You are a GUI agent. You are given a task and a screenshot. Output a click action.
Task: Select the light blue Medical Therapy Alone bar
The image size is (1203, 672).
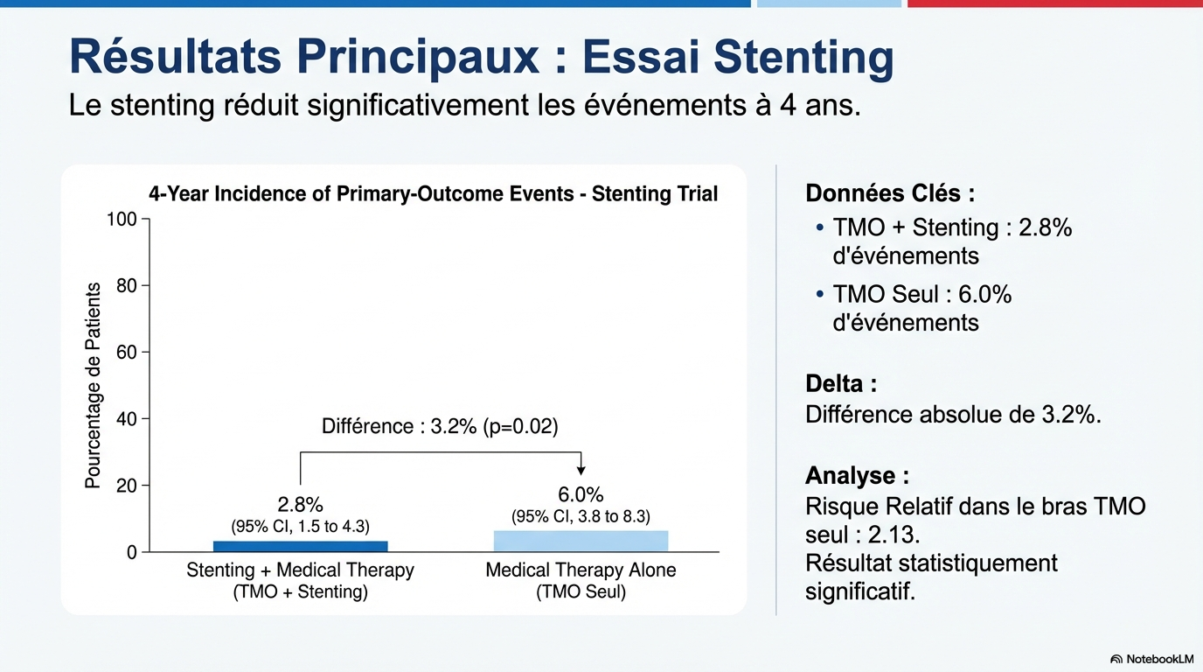(581, 541)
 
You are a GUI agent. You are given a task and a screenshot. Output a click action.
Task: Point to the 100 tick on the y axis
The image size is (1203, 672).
(122, 219)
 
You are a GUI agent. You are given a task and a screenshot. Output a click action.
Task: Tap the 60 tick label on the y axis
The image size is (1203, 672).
(127, 353)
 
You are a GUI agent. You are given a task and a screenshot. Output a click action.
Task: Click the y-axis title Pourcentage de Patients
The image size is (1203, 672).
(93, 385)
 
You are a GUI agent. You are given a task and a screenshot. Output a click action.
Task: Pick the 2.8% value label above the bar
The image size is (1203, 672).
(300, 505)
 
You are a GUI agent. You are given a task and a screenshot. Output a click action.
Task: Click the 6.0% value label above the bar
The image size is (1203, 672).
(581, 494)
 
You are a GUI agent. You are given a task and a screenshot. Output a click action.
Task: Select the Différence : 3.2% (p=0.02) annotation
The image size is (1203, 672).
(440, 426)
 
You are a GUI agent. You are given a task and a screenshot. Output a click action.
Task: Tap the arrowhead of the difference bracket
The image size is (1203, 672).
(581, 470)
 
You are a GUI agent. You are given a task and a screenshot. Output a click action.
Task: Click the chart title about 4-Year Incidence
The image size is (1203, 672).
(433, 193)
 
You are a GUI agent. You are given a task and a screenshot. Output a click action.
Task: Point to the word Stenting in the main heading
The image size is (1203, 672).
(803, 58)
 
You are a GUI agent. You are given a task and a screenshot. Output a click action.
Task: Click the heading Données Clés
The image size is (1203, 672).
(889, 193)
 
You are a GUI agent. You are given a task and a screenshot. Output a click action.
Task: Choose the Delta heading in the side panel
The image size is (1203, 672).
(840, 383)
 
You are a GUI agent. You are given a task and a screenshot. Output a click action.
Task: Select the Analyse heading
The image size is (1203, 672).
(857, 476)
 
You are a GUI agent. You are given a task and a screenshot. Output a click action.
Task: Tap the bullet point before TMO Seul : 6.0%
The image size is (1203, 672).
(819, 294)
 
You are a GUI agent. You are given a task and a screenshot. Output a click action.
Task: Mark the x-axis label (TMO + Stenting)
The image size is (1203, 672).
(300, 592)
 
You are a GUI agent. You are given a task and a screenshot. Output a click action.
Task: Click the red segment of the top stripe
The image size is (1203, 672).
(1054, 3)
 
